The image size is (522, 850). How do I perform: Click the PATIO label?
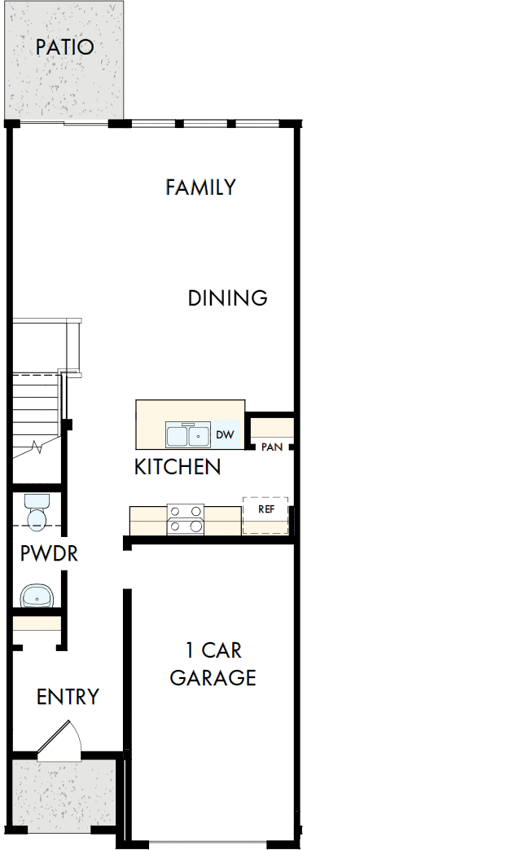click(64, 47)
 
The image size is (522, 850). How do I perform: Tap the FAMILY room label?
click(200, 187)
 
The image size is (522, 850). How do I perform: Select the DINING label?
click(227, 298)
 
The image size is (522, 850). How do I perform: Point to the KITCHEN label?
click(177, 467)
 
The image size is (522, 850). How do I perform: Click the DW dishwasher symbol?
click(226, 435)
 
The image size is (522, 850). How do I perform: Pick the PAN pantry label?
click(271, 447)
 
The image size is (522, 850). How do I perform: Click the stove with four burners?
click(185, 519)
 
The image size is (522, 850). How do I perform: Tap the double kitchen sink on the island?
click(188, 435)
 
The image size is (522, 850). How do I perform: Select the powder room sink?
click(37, 596)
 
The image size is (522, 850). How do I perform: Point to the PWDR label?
click(49, 554)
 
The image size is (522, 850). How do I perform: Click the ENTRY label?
click(68, 697)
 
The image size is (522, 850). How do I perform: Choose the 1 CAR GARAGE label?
click(213, 664)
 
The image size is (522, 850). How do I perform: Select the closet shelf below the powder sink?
click(37, 625)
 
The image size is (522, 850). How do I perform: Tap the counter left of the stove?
click(148, 520)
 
